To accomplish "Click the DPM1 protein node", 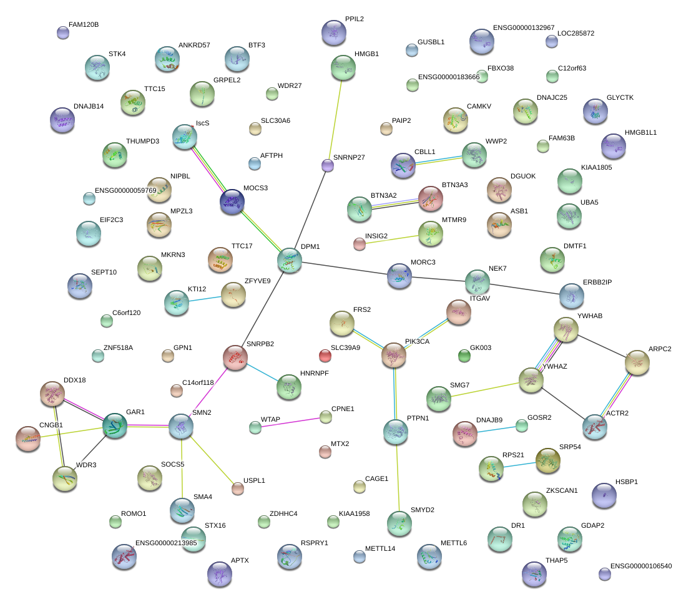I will [289, 260].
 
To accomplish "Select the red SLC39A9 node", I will [325, 356].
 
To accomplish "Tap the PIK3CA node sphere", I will [394, 355].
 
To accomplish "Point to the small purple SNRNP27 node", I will [328, 165].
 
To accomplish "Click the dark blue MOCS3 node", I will [232, 201].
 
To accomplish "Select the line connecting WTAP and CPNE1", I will [290, 422].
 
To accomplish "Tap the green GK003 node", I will [464, 356].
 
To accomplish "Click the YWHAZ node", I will [531, 380].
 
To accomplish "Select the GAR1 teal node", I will [115, 425].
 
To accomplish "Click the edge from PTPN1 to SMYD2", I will [398, 477].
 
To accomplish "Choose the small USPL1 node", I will [238, 488].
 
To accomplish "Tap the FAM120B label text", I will [84, 25].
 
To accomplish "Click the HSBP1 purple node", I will [604, 495].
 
